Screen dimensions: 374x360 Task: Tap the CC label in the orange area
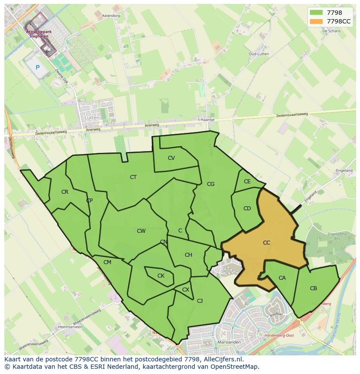[267, 243]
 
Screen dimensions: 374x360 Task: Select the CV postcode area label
[171, 158]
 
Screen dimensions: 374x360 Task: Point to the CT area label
[133, 177]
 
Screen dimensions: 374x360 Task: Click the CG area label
[211, 184]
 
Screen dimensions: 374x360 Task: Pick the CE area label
[247, 182]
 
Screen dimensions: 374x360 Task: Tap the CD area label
[247, 209]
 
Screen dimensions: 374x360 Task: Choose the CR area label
[65, 192]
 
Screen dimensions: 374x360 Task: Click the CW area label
[141, 231]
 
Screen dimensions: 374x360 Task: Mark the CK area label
[161, 276]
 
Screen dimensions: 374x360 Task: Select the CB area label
[313, 288]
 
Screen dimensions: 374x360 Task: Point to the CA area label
[282, 278]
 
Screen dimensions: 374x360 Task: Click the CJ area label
[200, 301]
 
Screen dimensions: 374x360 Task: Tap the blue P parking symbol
[37, 67]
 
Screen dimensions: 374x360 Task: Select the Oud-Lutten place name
[259, 54]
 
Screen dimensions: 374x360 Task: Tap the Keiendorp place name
[111, 16]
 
